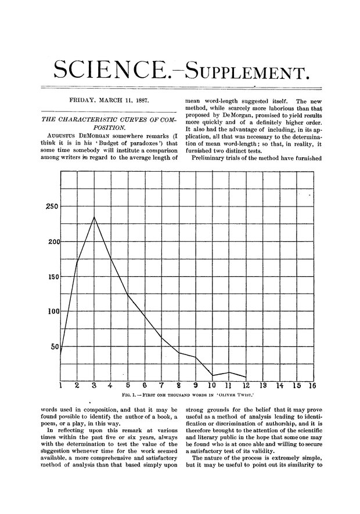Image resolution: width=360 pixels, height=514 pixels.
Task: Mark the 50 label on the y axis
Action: (x=54, y=347)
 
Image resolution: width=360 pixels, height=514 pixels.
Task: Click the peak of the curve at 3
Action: (x=94, y=217)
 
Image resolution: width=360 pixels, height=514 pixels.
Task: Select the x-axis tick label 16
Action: (x=312, y=385)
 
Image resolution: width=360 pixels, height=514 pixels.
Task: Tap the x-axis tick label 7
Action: (x=161, y=385)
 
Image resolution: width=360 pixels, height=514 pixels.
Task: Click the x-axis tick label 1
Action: (x=60, y=385)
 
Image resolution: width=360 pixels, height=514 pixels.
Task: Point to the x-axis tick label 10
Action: (x=212, y=385)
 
